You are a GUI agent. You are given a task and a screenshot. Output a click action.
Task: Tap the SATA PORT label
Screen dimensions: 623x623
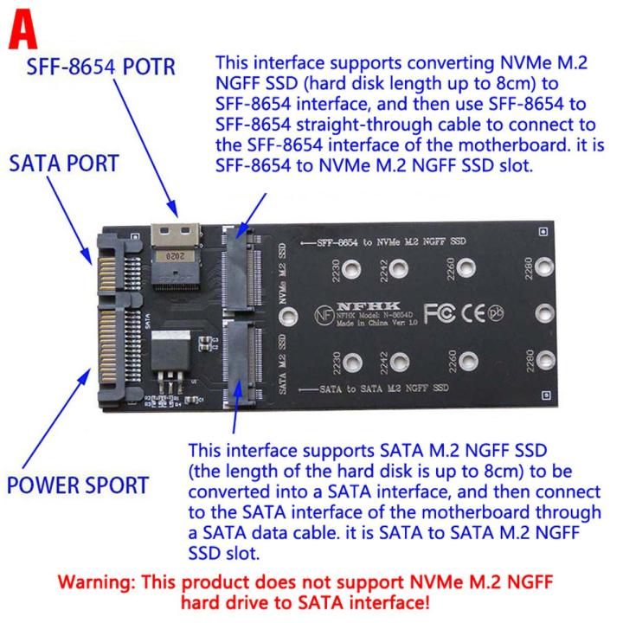pos(66,164)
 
